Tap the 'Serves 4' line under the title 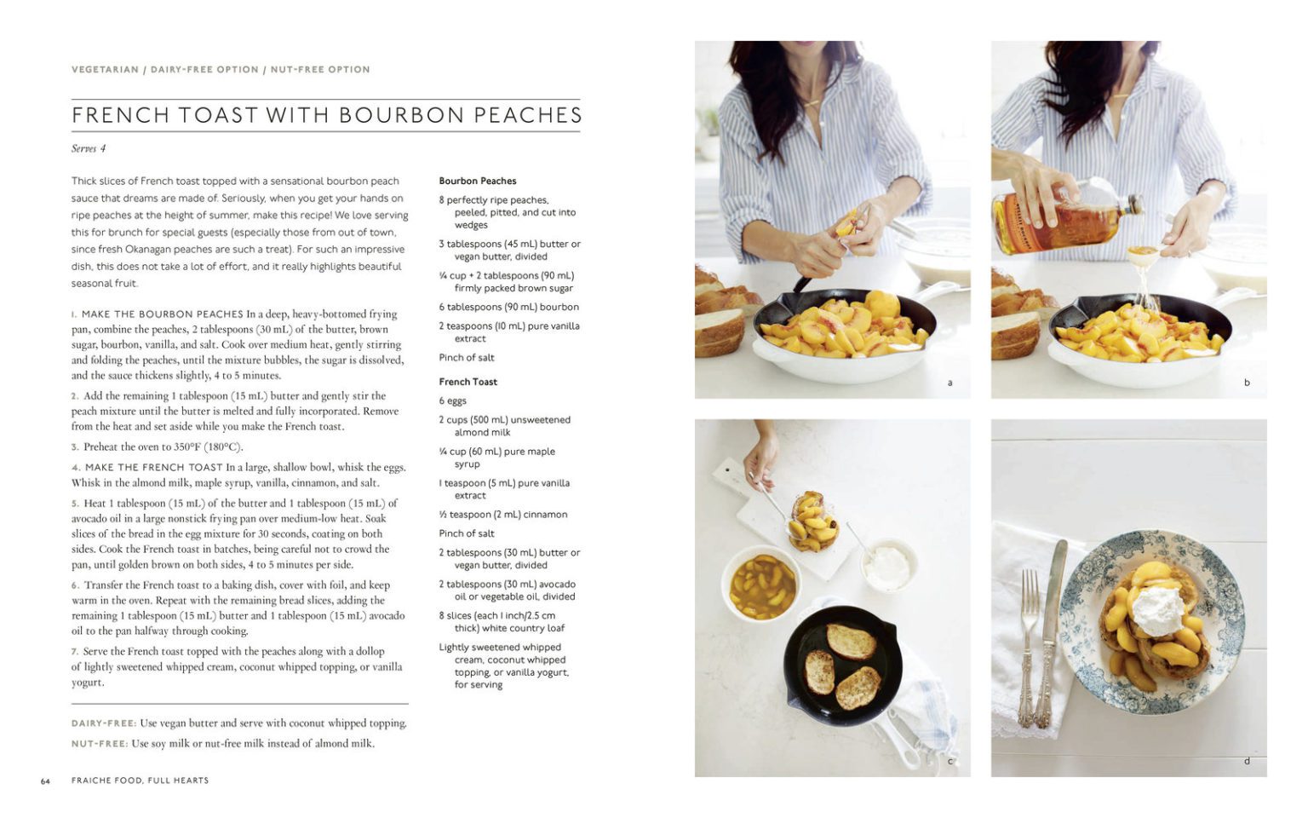pos(89,148)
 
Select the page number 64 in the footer pos(45,781)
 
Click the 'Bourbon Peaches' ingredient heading pos(477,181)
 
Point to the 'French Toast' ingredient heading pos(468,382)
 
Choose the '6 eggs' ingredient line pos(452,400)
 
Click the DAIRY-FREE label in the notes pos(103,723)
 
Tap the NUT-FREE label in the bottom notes pos(99,744)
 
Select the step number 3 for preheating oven pos(75,447)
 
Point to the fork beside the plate pos(1030,648)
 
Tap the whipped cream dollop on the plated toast pos(1157,609)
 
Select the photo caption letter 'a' pos(949,383)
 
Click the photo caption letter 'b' pos(1247,383)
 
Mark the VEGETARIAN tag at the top pos(105,70)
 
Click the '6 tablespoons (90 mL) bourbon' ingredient pos(508,307)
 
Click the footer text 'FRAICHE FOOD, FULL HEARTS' pos(140,781)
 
